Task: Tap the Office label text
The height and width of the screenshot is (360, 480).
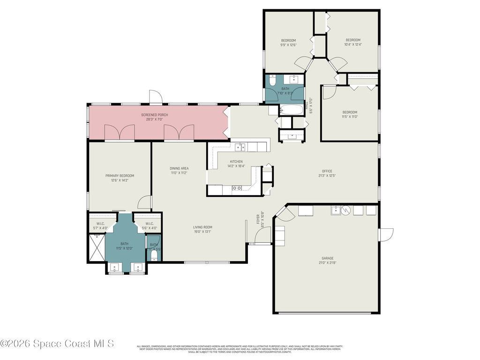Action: [327, 171]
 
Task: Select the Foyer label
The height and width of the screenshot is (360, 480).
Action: [258, 219]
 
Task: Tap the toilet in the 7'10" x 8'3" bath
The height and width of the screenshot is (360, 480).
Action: [272, 80]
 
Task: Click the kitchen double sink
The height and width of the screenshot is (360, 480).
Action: [240, 147]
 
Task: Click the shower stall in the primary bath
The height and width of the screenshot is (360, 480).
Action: [97, 247]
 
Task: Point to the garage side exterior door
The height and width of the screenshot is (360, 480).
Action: [386, 235]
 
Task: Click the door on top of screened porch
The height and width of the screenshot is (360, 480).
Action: [156, 97]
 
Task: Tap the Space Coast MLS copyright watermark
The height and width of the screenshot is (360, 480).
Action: [57, 344]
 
